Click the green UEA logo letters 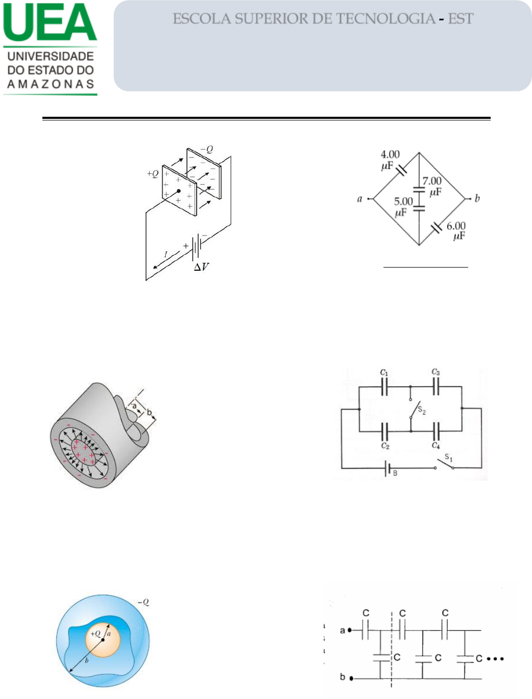(x=50, y=22)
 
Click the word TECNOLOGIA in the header (x=386, y=18)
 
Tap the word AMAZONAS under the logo (x=51, y=84)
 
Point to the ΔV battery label (x=201, y=267)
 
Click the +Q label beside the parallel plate (x=153, y=173)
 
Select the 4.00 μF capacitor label (x=390, y=160)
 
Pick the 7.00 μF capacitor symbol (x=419, y=190)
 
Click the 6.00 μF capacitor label (x=457, y=230)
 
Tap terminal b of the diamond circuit (x=470, y=199)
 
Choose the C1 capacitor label (x=384, y=372)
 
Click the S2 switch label (x=422, y=410)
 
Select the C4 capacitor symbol (x=436, y=431)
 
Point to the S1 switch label (x=449, y=458)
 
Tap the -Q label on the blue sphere (x=143, y=602)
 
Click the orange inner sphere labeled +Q (x=103, y=639)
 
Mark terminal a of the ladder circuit (x=349, y=630)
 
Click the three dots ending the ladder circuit (x=495, y=659)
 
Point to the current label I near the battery (x=165, y=254)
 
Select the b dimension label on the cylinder (x=149, y=413)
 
